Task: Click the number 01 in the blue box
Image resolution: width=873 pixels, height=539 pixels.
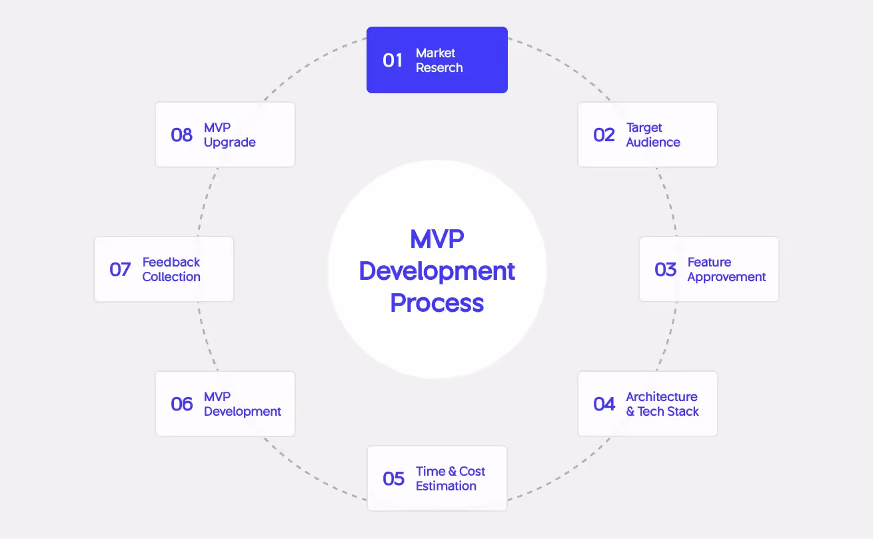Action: coord(393,61)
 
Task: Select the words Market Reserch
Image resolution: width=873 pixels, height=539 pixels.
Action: coord(439,60)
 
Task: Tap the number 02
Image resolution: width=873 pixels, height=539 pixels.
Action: coord(604,135)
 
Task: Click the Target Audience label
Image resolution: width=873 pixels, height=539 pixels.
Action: coord(653,135)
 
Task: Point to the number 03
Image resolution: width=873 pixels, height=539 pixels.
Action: coord(665,270)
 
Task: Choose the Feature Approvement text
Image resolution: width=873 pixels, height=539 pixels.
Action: coord(726,269)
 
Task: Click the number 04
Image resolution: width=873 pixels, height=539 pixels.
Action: coord(604,404)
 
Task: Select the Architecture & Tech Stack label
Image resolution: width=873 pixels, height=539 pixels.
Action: coord(662,404)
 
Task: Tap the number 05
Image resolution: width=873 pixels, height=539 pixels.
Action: coord(393,479)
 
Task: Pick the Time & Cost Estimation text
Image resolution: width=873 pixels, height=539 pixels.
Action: coord(450,478)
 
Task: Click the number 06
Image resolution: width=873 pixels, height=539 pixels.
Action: coord(182,404)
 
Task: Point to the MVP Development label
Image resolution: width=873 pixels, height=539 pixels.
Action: coord(243,404)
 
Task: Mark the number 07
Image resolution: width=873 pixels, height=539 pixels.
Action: coord(120,270)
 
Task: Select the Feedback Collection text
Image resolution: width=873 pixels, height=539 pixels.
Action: coord(171,269)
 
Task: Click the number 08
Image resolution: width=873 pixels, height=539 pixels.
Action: coord(182,135)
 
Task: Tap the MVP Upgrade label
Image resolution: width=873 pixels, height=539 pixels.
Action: coord(230,135)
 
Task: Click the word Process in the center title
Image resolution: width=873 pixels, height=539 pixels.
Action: coord(437,303)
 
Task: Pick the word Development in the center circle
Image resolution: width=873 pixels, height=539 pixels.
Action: coord(437,271)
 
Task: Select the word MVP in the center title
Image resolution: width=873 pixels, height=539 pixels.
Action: coord(437,239)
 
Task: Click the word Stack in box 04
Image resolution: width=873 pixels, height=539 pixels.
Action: coord(683,412)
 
